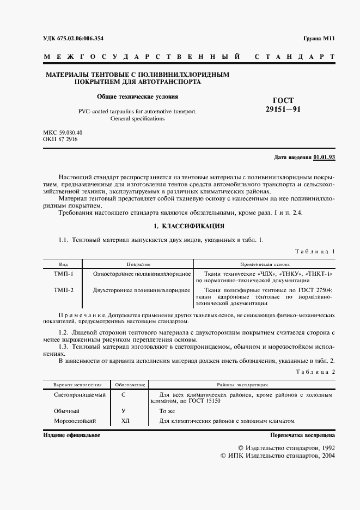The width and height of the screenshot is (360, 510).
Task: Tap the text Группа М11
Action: (x=319, y=38)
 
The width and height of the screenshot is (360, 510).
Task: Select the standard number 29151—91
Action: (x=283, y=110)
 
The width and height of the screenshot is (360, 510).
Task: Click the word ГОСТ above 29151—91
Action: (x=283, y=100)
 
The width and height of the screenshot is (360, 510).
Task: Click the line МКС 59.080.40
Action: (x=62, y=132)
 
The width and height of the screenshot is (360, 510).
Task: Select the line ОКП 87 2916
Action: (x=60, y=139)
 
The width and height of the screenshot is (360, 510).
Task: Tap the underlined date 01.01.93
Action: (x=325, y=157)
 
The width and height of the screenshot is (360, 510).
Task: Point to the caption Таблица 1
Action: (x=315, y=251)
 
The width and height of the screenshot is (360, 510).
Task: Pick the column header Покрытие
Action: (x=138, y=263)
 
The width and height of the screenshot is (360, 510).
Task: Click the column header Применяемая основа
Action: (x=263, y=263)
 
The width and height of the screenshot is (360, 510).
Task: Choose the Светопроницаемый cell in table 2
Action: (x=79, y=394)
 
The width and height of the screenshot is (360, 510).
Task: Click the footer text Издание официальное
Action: (x=71, y=435)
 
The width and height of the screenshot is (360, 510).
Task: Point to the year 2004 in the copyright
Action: (x=326, y=455)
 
